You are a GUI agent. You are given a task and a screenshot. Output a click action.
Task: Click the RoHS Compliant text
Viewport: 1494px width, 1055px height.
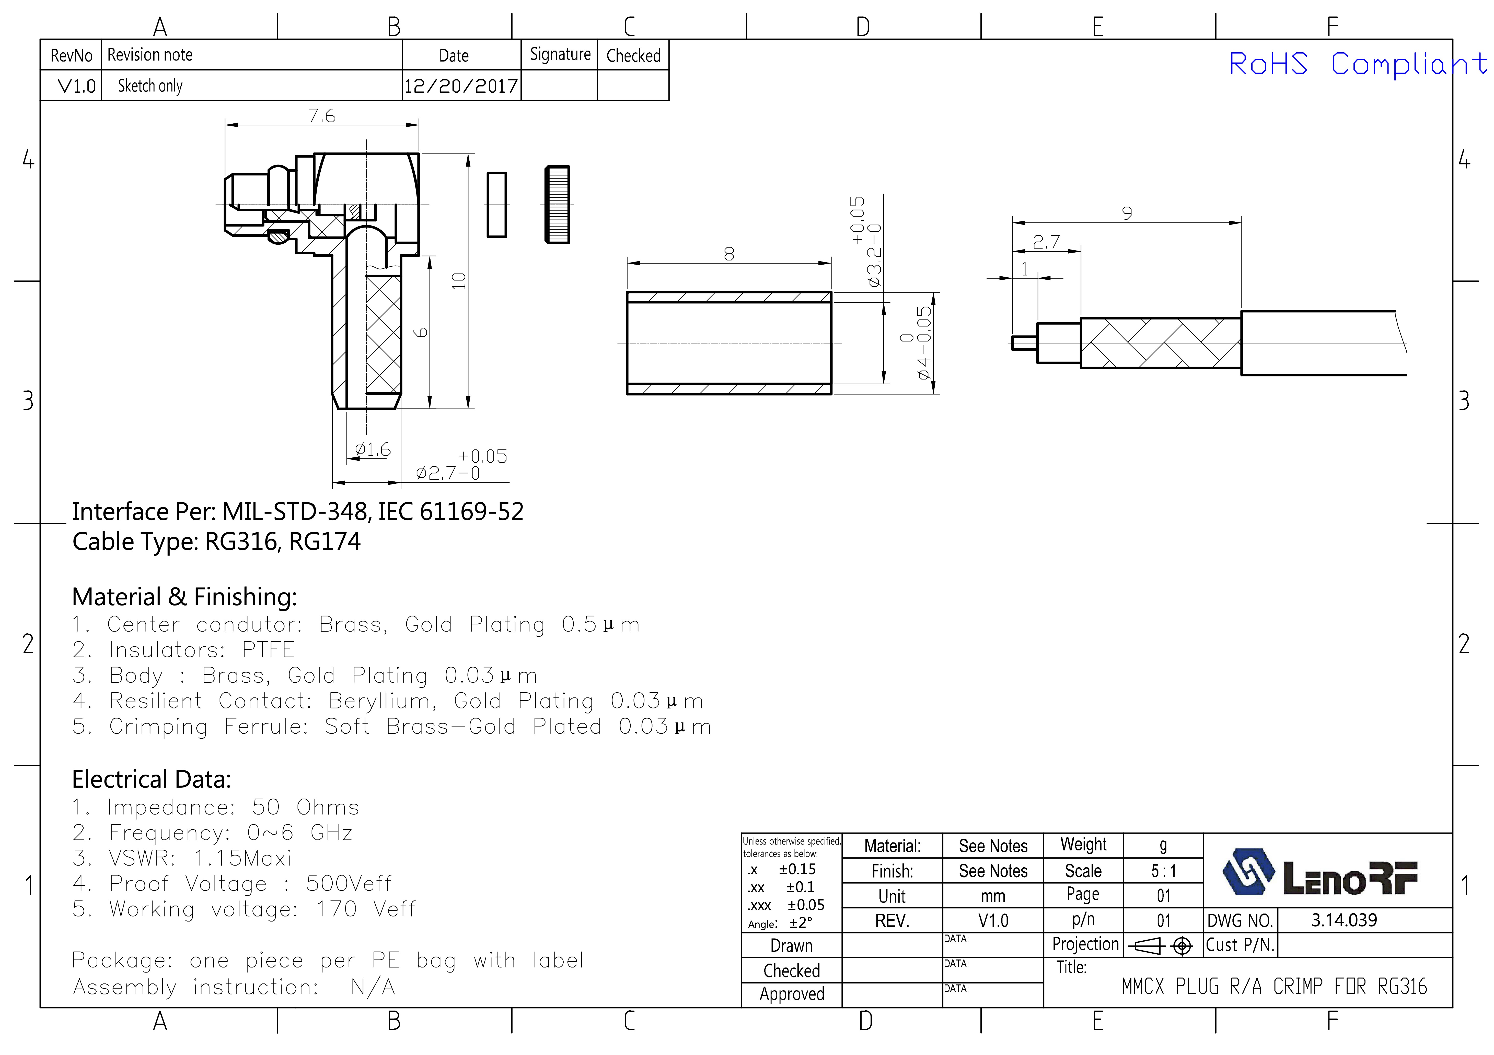pyautogui.click(x=1357, y=64)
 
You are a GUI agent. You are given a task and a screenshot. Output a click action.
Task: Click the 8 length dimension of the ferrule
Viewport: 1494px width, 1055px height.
pyautogui.click(x=729, y=254)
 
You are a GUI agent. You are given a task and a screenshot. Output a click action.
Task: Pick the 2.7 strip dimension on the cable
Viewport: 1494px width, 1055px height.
pyautogui.click(x=1046, y=242)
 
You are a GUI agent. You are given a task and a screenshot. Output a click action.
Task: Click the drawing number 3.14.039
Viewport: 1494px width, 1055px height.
pyautogui.click(x=1344, y=920)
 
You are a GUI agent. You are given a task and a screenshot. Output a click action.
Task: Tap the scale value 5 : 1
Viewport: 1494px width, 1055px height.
pyautogui.click(x=1163, y=871)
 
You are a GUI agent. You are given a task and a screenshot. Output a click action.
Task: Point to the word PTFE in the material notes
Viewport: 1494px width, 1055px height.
pyautogui.click(x=268, y=650)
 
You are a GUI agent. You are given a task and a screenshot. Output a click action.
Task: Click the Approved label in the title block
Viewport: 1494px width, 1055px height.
pyautogui.click(x=792, y=994)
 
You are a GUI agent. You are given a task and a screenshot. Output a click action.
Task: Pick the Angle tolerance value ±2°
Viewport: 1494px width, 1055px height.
pyautogui.click(x=800, y=923)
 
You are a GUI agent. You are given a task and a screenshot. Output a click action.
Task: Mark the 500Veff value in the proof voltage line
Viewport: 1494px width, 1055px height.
pyautogui.click(x=349, y=883)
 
